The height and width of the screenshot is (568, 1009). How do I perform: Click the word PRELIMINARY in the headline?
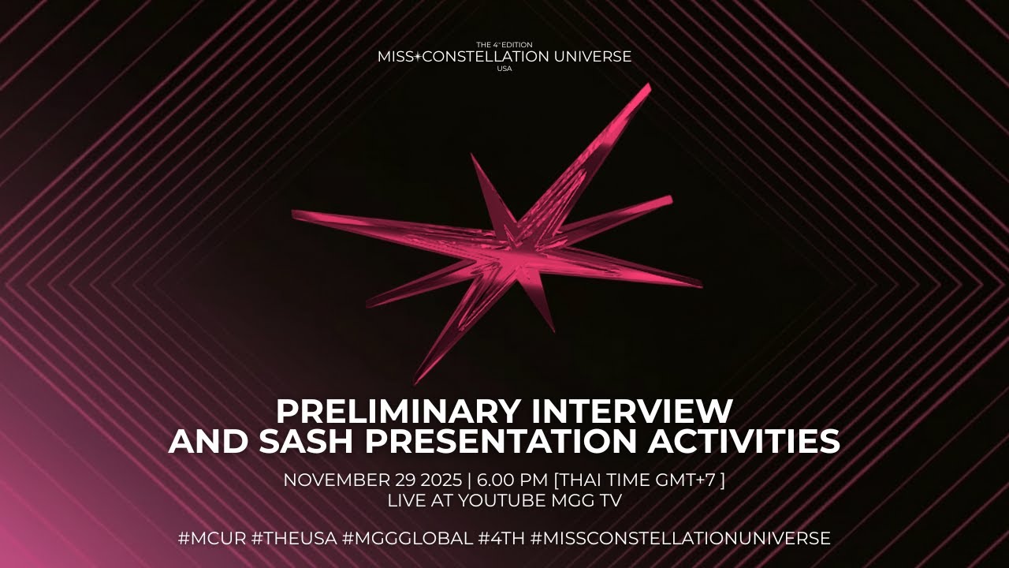(397, 411)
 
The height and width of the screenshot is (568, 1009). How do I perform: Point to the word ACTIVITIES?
(743, 442)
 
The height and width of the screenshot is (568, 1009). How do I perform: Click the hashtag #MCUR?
(211, 539)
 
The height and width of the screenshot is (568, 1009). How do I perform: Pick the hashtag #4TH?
(501, 539)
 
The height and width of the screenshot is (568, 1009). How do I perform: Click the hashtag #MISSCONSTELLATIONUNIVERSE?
(680, 539)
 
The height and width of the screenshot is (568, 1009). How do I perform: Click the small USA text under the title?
(504, 69)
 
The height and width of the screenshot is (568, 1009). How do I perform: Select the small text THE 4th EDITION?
(504, 45)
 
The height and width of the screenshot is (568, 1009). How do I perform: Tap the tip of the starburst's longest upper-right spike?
(648, 86)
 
